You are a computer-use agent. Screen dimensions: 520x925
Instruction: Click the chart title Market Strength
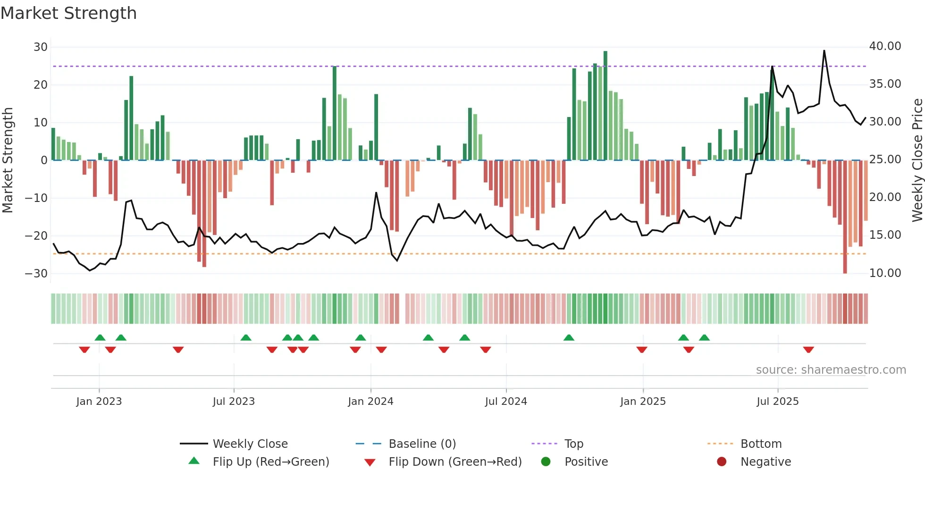(68, 13)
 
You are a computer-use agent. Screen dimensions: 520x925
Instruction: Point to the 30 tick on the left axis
(41, 47)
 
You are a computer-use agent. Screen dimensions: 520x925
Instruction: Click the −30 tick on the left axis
(36, 274)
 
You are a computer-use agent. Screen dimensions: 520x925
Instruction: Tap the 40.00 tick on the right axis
(885, 46)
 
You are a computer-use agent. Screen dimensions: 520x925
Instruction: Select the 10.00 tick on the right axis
(885, 273)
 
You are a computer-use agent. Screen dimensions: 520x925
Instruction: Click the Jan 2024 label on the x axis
(370, 402)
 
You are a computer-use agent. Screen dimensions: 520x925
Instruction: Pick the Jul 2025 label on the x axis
(777, 402)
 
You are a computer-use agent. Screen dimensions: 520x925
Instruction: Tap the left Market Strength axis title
(8, 160)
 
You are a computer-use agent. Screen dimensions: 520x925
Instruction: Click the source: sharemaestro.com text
(831, 370)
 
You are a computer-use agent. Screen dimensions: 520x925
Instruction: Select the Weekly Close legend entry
(250, 444)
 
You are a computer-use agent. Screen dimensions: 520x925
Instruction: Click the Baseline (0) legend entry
(422, 444)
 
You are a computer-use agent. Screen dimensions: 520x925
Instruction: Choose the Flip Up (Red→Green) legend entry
(270, 462)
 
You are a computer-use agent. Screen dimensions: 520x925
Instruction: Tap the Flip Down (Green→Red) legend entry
(455, 462)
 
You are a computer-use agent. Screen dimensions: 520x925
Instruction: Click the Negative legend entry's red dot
(722, 462)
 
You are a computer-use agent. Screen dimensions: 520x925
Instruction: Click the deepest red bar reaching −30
(845, 217)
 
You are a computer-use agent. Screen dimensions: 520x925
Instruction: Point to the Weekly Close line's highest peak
(824, 51)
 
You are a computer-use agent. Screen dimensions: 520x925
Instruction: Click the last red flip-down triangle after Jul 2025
(808, 350)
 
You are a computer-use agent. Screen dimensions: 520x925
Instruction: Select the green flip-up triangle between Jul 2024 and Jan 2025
(569, 337)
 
